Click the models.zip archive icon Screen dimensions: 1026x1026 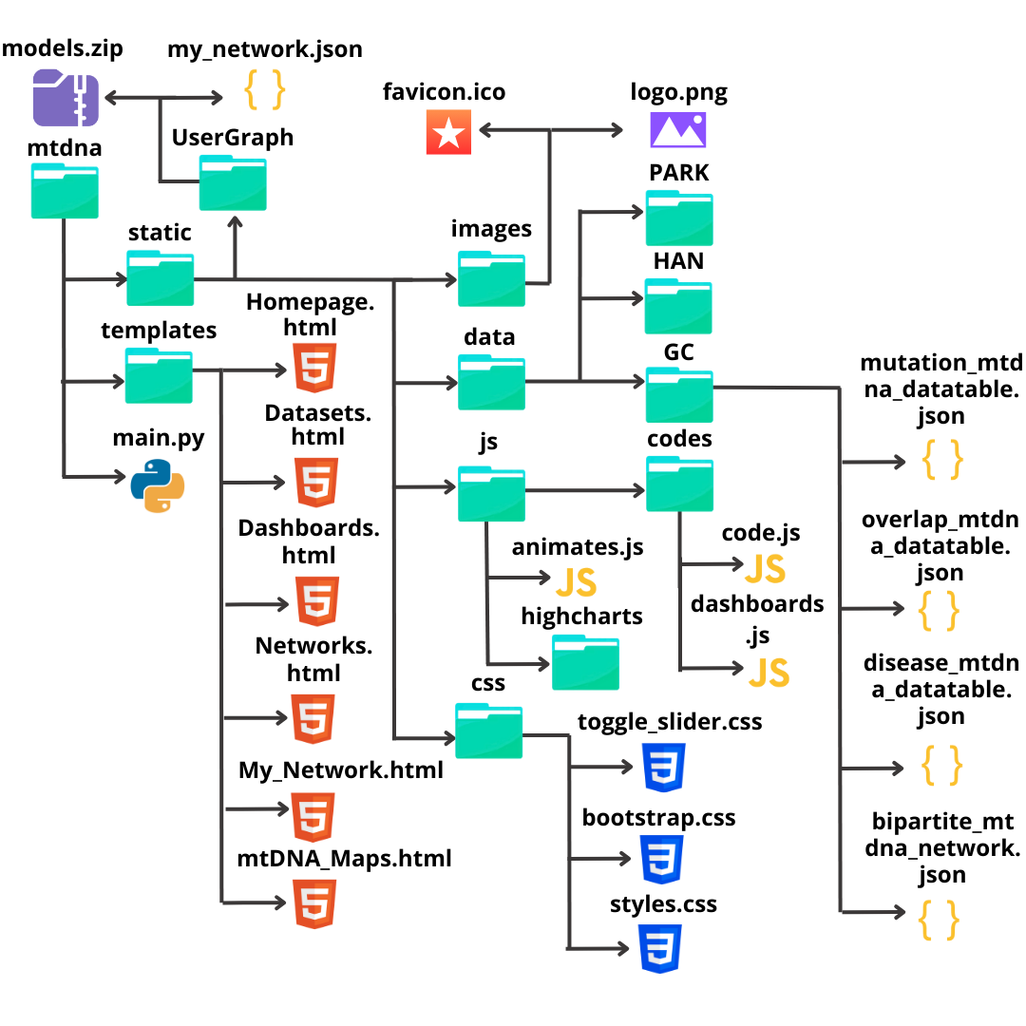[66, 98]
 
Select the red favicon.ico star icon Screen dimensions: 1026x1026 [448, 130]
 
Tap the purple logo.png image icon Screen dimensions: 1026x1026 [678, 130]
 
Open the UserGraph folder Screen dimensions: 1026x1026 [233, 183]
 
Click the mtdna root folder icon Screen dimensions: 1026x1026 [65, 190]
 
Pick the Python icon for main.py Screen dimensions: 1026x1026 [158, 485]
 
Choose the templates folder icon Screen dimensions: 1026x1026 [159, 376]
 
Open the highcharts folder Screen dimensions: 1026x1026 [585, 663]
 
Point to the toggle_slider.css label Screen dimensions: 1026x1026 [670, 722]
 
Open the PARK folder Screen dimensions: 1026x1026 [679, 218]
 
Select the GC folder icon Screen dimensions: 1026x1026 [679, 394]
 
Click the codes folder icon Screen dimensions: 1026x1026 [679, 484]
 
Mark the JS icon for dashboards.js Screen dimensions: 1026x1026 [769, 673]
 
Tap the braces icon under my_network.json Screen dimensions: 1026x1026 [265, 90]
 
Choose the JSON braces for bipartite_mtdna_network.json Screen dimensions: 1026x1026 [940, 920]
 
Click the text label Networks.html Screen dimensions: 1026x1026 [314, 659]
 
